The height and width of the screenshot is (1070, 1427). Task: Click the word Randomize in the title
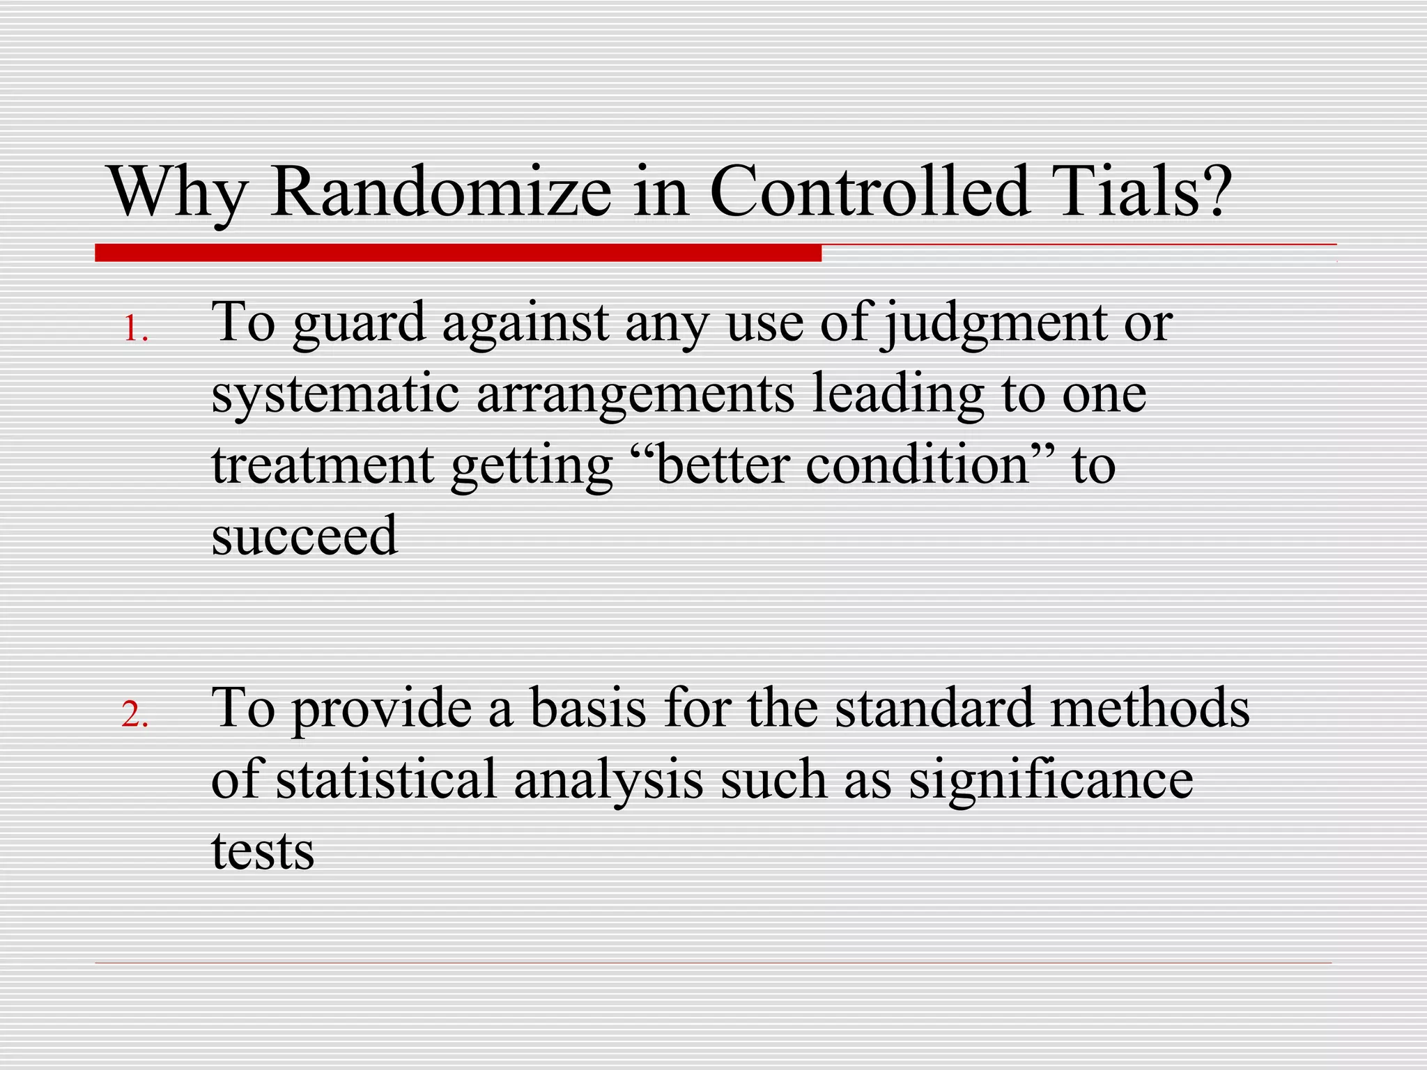point(441,192)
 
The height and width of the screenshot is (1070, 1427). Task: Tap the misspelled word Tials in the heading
point(1143,192)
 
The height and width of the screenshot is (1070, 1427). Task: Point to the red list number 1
point(134,330)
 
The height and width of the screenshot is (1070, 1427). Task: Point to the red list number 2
point(134,715)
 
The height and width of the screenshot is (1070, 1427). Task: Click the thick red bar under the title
point(458,253)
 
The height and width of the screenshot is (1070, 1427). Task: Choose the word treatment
point(323,465)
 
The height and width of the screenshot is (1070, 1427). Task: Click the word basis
point(587,709)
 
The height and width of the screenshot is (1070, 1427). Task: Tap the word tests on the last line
point(263,851)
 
